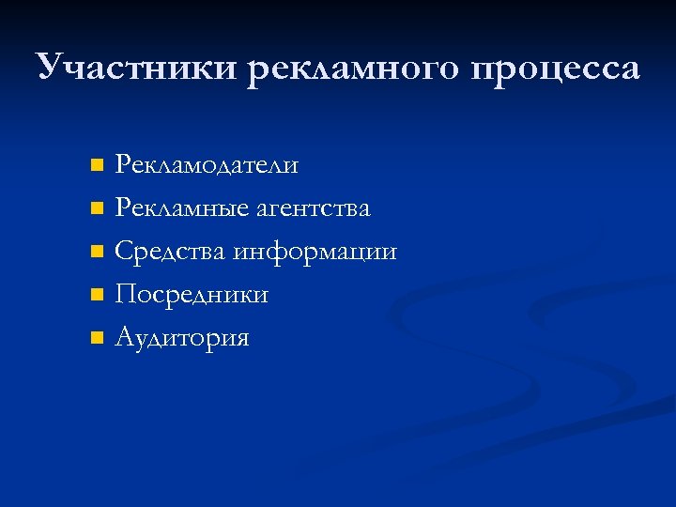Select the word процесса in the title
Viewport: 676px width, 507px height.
click(x=558, y=68)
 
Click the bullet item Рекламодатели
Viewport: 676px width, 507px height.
click(x=207, y=165)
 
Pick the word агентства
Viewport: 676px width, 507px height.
click(x=314, y=208)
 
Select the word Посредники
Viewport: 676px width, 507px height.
click(x=192, y=295)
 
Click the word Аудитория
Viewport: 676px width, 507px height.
click(x=182, y=338)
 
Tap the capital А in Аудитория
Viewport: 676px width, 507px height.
click(x=124, y=337)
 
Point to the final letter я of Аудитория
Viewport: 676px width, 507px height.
click(x=242, y=340)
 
